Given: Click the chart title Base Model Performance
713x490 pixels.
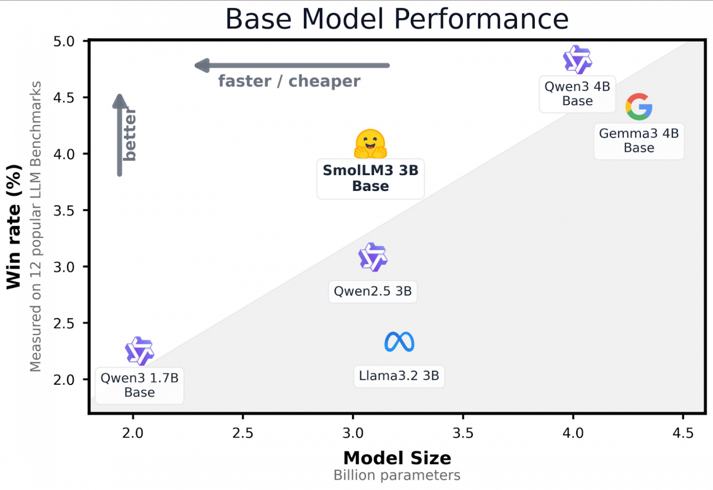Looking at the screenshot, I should pyautogui.click(x=397, y=19).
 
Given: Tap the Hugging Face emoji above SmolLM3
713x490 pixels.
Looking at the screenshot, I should pyautogui.click(x=370, y=144).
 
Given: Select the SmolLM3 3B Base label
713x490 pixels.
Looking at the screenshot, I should pyautogui.click(x=370, y=178).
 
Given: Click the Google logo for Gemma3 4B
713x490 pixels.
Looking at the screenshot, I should pyautogui.click(x=639, y=107).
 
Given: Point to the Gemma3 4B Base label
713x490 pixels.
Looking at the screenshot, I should pyautogui.click(x=639, y=141).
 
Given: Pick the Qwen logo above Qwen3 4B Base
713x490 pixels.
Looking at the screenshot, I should pyautogui.click(x=577, y=60).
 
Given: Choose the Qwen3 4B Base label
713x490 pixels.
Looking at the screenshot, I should pyautogui.click(x=577, y=94).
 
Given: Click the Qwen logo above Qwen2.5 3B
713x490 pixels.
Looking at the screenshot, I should pyautogui.click(x=372, y=257).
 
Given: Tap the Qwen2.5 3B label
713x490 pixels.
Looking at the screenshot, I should pyautogui.click(x=372, y=291).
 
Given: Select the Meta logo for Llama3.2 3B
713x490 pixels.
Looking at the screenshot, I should pyautogui.click(x=399, y=342).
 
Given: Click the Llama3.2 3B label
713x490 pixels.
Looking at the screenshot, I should pyautogui.click(x=399, y=376).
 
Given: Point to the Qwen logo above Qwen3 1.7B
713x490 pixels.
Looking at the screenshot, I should pyautogui.click(x=139, y=351).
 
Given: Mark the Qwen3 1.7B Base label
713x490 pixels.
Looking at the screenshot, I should pyautogui.click(x=139, y=385).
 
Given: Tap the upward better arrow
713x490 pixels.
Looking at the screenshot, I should pyautogui.click(x=119, y=135).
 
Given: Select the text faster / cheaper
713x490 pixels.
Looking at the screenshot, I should pyautogui.click(x=289, y=81).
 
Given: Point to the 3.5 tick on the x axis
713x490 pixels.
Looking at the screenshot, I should pyautogui.click(x=463, y=433).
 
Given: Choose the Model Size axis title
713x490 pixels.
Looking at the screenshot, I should pyautogui.click(x=397, y=458).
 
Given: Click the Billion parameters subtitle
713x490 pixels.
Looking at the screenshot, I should pyautogui.click(x=397, y=475).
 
